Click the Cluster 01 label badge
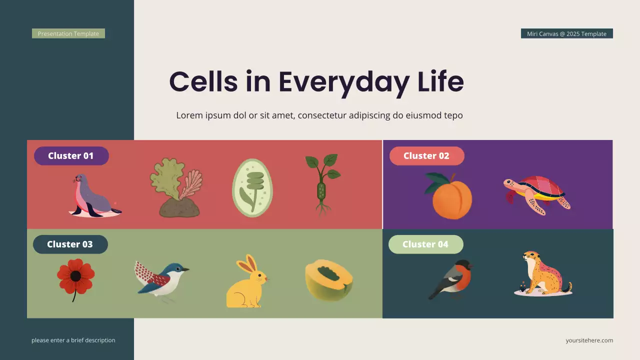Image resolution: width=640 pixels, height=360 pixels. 71,156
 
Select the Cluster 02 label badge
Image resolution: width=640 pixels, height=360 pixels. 426,156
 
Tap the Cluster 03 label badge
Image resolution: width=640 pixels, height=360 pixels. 70,244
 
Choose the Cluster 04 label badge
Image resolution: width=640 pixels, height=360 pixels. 425,244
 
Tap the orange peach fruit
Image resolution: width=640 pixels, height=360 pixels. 449,196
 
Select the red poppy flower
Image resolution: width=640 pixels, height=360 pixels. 75,277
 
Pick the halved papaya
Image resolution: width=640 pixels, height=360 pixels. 329,280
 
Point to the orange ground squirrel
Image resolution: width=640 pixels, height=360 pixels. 543,274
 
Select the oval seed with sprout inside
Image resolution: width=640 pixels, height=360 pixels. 252,188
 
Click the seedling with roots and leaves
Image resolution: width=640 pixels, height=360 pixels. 322,184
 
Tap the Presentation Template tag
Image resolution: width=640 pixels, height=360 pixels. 68,33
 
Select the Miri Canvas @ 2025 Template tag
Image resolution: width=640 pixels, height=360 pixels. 566,33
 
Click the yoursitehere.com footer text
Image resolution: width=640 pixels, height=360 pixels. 589,340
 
